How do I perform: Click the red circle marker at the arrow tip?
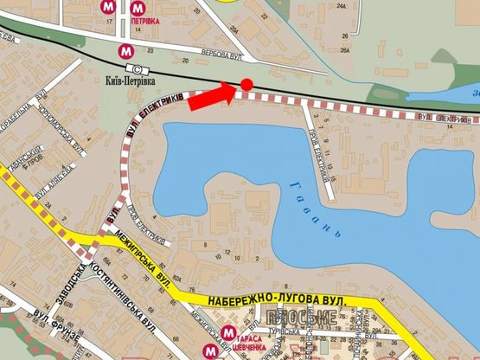[246, 84]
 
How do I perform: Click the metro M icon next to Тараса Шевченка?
[227, 332]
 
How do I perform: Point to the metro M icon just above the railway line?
[127, 50]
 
